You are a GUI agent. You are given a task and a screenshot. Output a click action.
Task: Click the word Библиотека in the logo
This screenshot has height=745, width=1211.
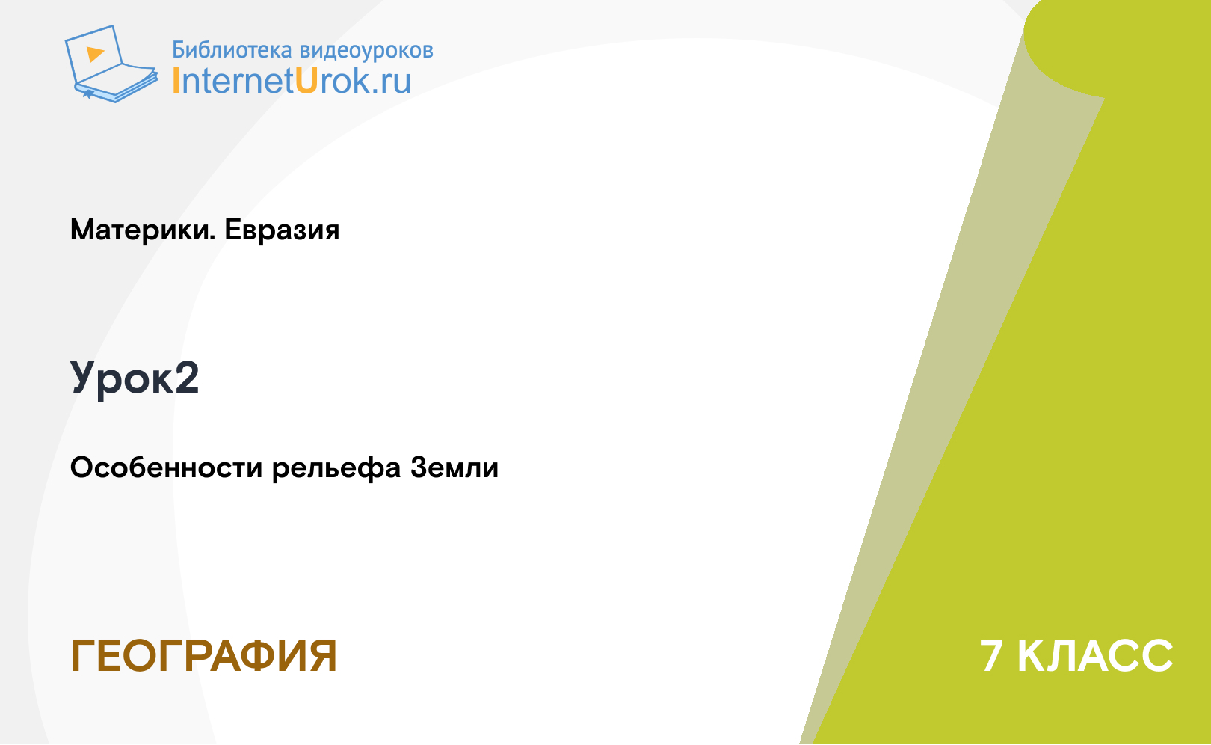point(232,50)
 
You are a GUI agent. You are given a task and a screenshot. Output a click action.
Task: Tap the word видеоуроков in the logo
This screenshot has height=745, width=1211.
point(366,50)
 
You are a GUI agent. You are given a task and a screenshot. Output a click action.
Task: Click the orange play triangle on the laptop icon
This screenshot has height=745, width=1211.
point(95,54)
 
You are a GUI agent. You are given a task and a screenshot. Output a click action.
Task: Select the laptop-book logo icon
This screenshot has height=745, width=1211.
point(111,64)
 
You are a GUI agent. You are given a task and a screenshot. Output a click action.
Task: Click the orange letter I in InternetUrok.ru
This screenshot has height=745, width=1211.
point(176,81)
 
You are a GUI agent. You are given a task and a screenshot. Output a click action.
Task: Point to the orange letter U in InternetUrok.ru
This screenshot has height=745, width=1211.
point(306,81)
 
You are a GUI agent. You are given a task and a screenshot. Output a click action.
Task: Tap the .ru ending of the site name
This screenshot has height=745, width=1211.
point(391,83)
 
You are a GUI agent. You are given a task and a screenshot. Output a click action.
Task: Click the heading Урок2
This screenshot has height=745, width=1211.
point(135,378)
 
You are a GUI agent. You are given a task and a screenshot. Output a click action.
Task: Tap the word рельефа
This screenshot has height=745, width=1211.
point(336,468)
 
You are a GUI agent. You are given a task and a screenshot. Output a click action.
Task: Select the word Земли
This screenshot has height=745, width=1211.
point(454,468)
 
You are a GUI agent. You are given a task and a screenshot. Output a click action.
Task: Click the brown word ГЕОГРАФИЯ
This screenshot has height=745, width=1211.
point(204,656)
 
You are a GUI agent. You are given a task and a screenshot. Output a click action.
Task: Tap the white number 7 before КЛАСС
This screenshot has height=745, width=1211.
point(991,656)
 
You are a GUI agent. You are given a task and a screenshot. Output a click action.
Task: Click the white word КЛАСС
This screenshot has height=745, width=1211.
point(1095,656)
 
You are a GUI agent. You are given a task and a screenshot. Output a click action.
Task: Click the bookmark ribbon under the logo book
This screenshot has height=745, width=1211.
point(88,94)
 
